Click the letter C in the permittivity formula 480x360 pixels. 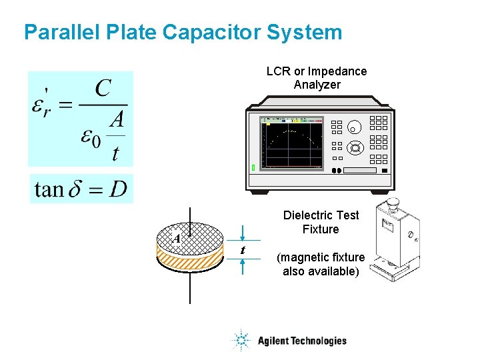pyautogui.click(x=103, y=88)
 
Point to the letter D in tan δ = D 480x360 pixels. pyautogui.click(x=118, y=189)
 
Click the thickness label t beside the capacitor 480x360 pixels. pyautogui.click(x=243, y=250)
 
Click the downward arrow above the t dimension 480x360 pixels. pyautogui.click(x=243, y=235)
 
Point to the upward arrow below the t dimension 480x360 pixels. pyautogui.click(x=243, y=265)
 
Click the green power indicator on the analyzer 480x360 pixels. pyautogui.click(x=253, y=167)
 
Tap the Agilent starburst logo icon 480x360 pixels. pyautogui.click(x=241, y=341)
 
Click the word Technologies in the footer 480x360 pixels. pyautogui.click(x=314, y=341)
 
